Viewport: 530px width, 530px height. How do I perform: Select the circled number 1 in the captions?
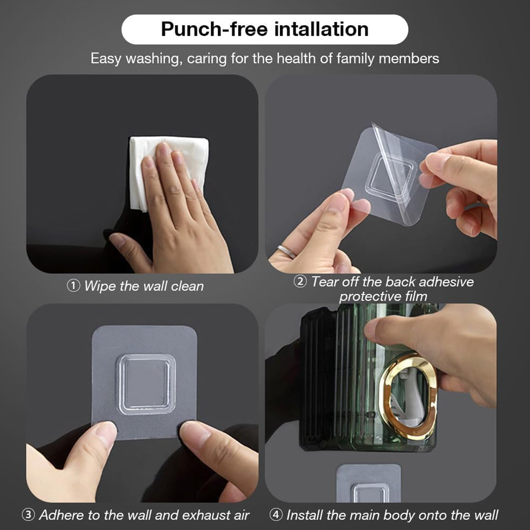tap(73, 286)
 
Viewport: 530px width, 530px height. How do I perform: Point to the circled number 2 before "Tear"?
tap(300, 281)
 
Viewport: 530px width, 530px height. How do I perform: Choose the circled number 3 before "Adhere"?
tap(28, 515)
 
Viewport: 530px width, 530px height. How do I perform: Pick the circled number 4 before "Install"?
tap(276, 515)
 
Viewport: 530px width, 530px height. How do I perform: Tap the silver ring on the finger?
tap(287, 251)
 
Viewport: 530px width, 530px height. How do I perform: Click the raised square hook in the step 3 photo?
tap(146, 384)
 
